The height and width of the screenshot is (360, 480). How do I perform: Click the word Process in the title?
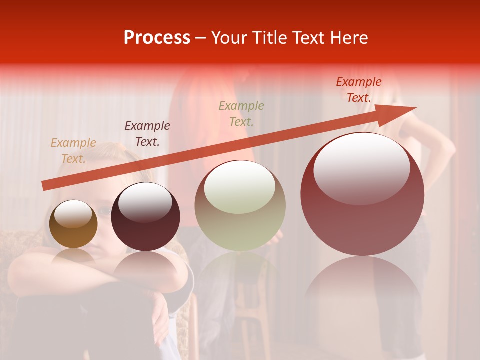coord(157,38)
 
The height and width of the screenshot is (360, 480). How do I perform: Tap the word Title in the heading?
coord(270,38)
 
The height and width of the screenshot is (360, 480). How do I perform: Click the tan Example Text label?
coord(73,151)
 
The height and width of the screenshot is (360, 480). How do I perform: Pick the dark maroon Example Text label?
coord(147,134)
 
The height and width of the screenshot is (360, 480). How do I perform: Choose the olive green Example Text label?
coord(241,113)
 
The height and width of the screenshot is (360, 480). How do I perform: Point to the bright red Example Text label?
coord(358,90)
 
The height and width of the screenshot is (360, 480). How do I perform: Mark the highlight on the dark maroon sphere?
coord(145,202)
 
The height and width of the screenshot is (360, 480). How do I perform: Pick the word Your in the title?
coord(229,38)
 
